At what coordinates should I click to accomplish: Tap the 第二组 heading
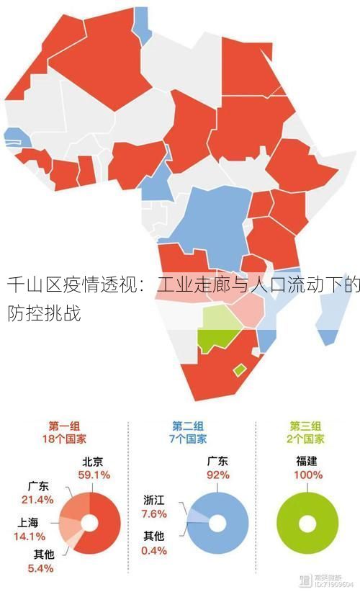[x=188, y=426]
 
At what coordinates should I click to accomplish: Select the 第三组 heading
[x=306, y=426]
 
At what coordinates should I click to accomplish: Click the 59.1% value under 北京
[x=94, y=475]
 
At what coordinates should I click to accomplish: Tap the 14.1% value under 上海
[x=30, y=536]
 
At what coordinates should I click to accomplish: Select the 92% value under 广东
[x=217, y=475]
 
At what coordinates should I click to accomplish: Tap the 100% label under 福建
[x=307, y=475]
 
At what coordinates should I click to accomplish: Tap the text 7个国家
[x=189, y=439]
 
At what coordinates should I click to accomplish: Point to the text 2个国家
[x=307, y=439]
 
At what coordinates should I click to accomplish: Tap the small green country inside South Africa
[x=239, y=369]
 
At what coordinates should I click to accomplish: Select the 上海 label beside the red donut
[x=30, y=522]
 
